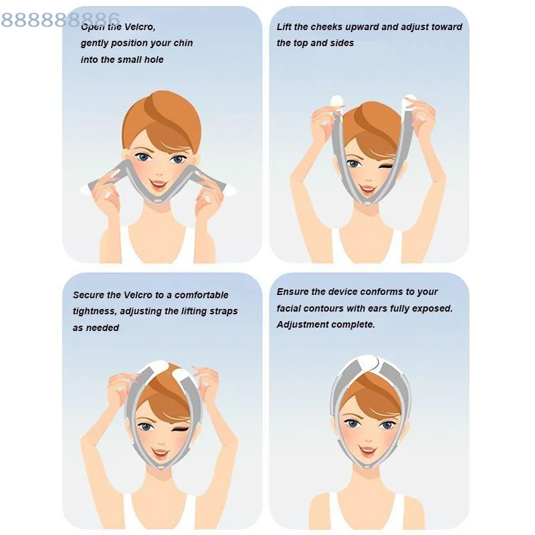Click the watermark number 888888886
(x=60, y=19)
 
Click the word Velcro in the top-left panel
(x=138, y=27)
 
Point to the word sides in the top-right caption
(x=341, y=43)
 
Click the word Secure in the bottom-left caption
(x=88, y=295)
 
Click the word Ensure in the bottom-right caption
(x=293, y=292)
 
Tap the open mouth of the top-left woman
(x=159, y=183)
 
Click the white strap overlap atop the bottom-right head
(x=370, y=362)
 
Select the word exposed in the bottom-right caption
(x=433, y=308)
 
